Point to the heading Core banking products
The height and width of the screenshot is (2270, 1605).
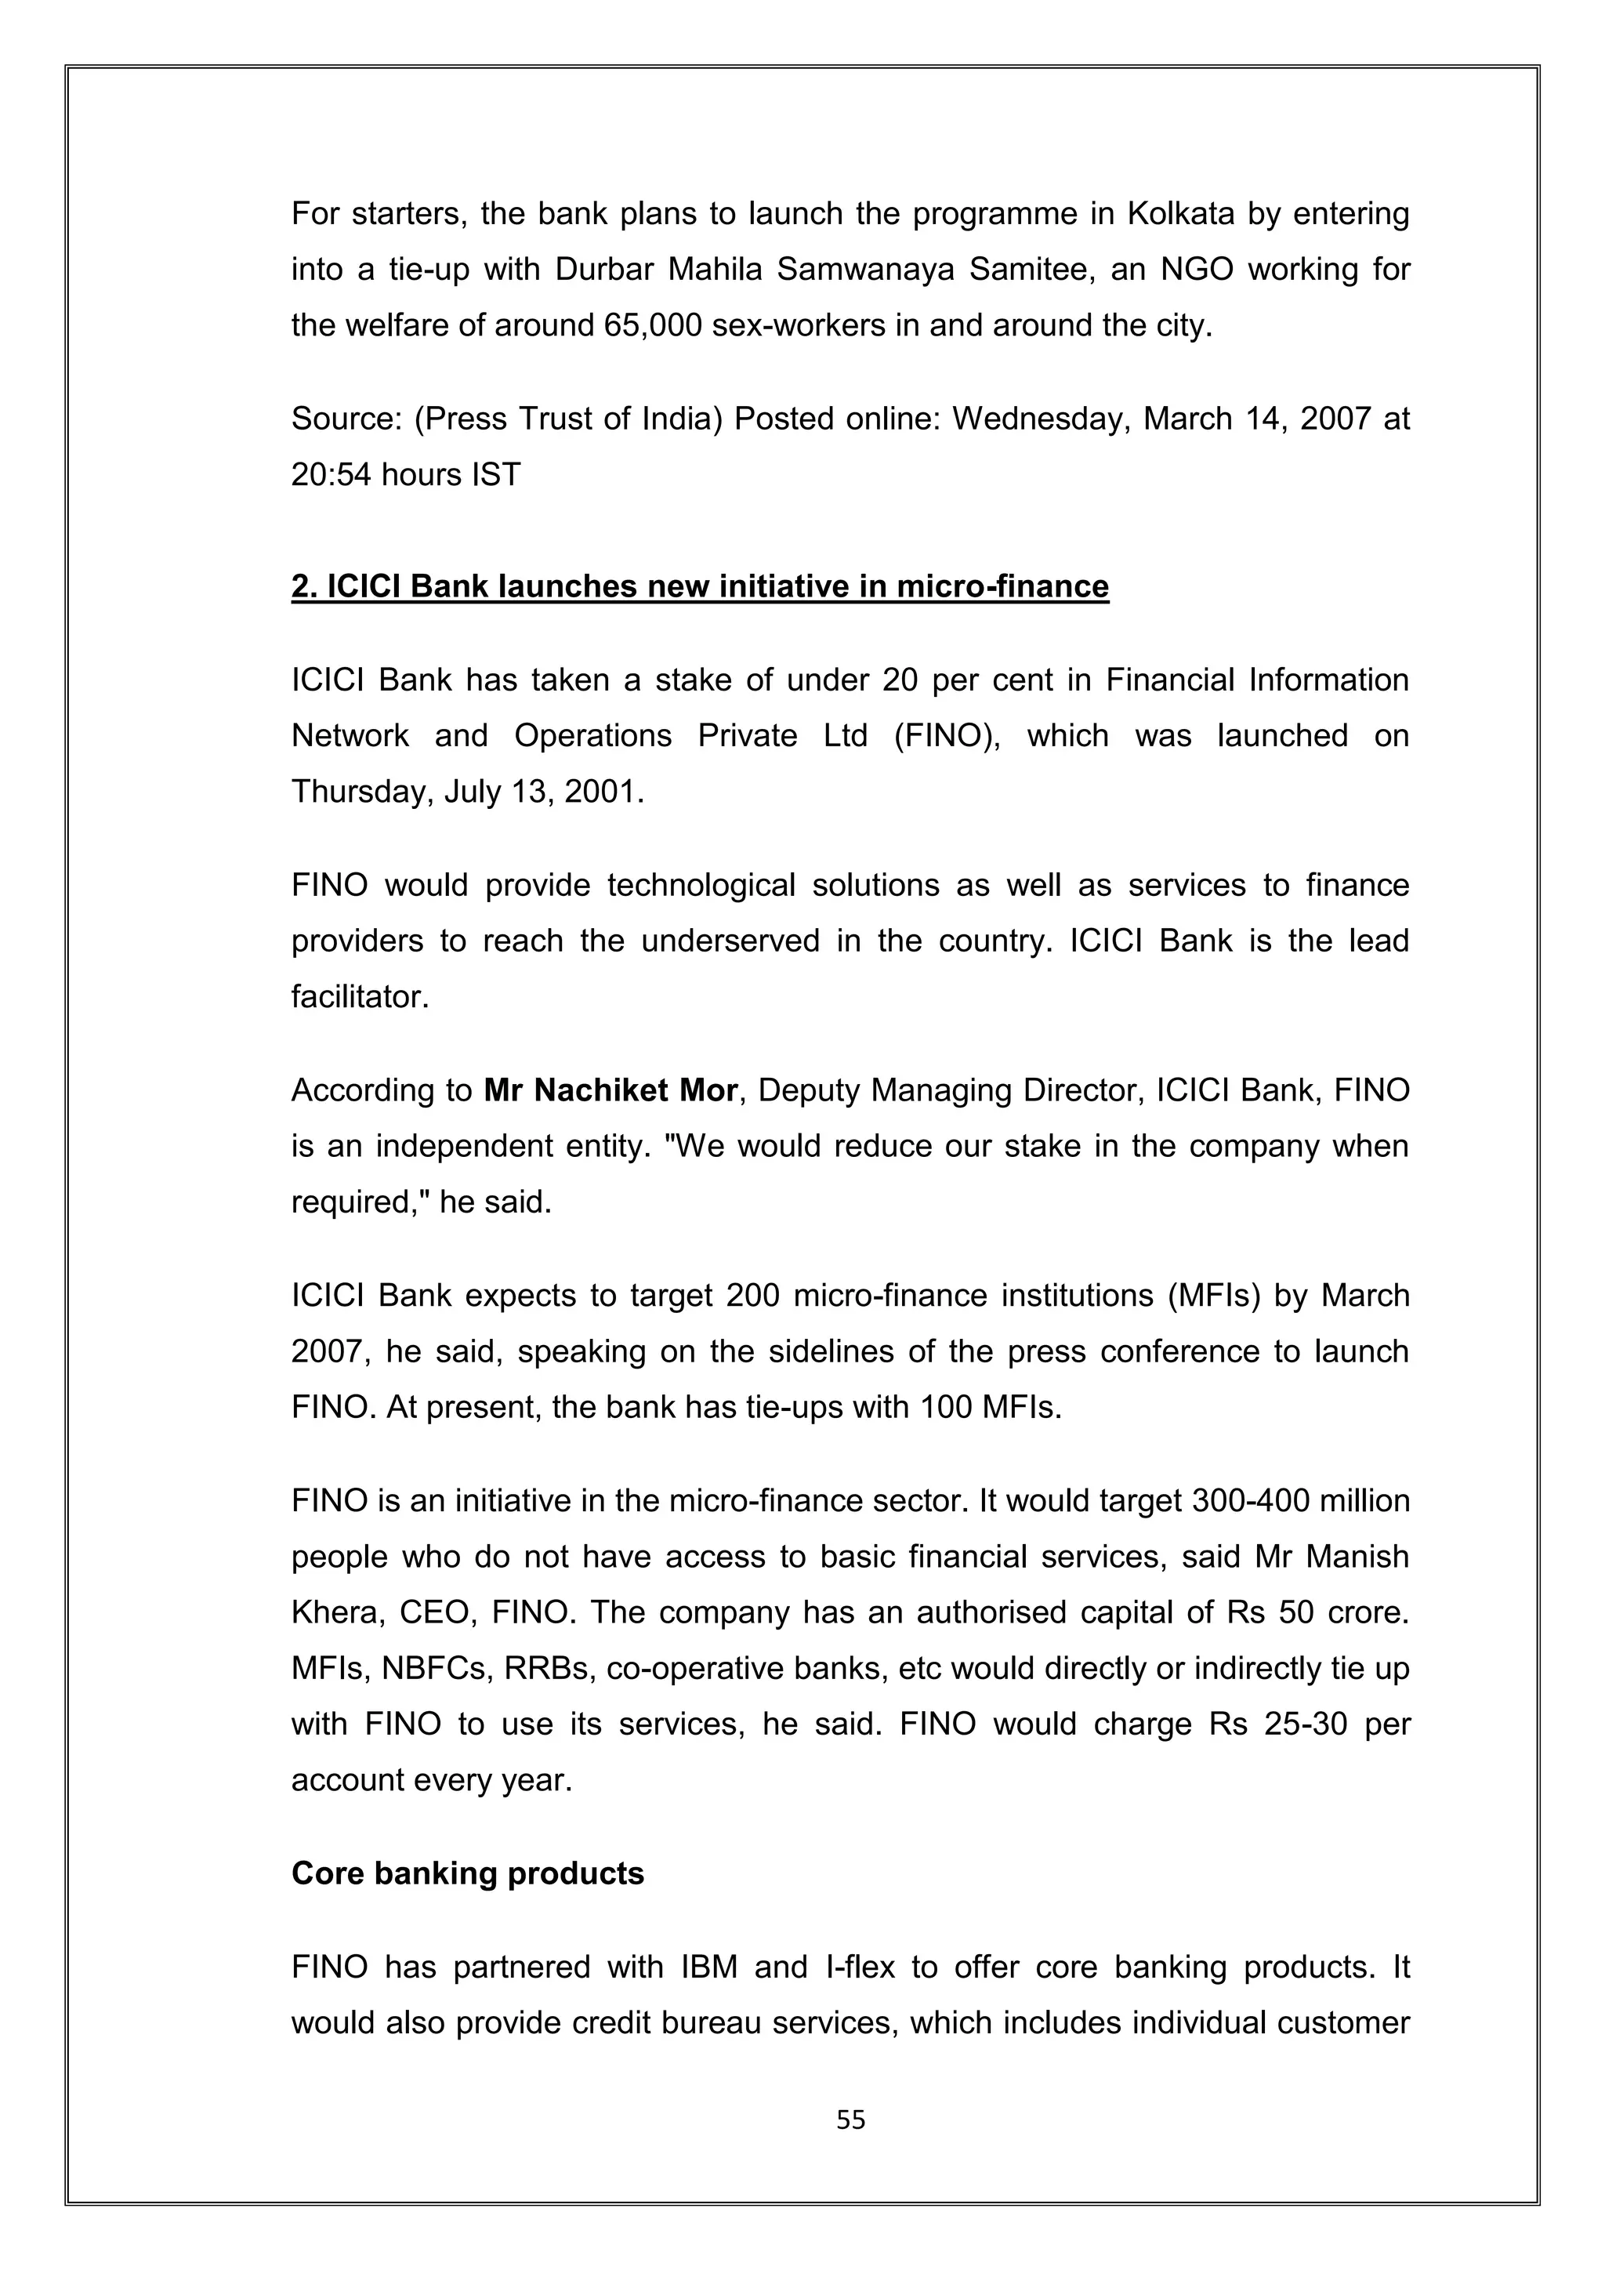(x=467, y=1873)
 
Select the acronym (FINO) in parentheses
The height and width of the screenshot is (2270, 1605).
(x=947, y=735)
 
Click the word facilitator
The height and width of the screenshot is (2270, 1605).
(x=360, y=996)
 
